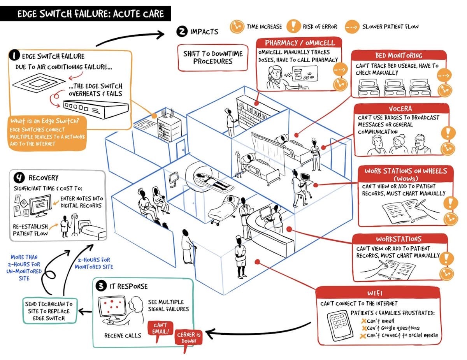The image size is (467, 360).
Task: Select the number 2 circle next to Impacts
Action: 181,32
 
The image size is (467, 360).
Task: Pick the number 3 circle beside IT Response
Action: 101,286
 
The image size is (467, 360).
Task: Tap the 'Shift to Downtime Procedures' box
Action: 212,57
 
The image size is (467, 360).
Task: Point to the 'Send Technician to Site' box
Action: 49,311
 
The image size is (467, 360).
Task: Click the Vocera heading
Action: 400,109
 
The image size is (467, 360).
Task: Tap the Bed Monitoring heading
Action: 399,56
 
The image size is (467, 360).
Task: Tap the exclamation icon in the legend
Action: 293,26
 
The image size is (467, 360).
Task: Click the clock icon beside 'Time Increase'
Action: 236,26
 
